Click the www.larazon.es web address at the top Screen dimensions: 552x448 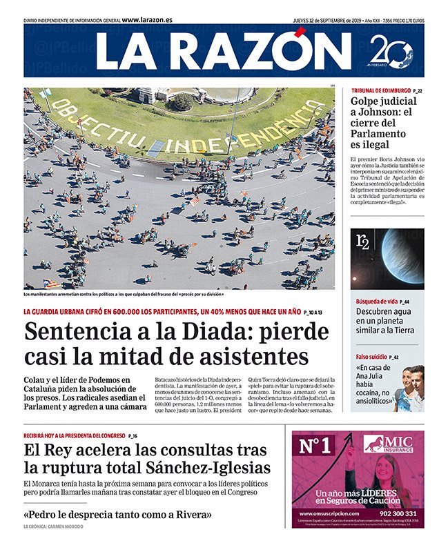[x=147, y=20]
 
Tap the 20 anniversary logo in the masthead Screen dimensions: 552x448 [x=391, y=52]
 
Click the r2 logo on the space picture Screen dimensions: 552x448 [x=362, y=241]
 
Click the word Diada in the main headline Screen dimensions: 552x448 [x=211, y=332]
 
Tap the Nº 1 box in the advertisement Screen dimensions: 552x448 [x=316, y=446]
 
